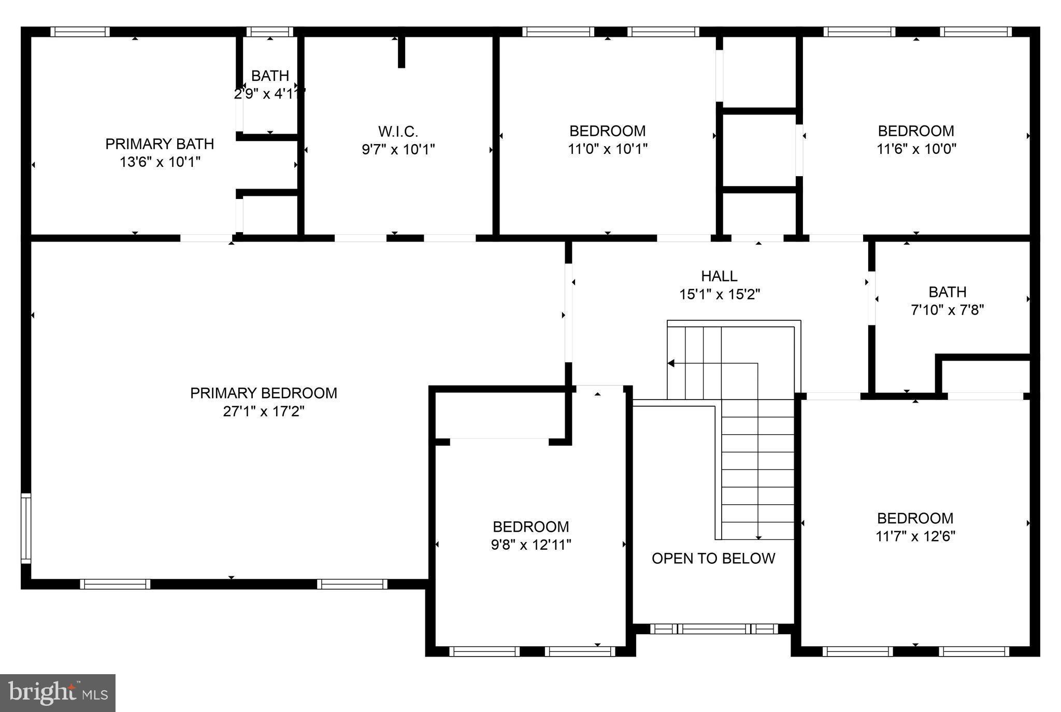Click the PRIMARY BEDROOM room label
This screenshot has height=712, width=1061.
click(263, 393)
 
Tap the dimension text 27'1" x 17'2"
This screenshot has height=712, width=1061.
click(263, 411)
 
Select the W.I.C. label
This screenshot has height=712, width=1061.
click(398, 131)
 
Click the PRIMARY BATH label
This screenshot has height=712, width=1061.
click(160, 144)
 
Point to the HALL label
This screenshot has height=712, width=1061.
click(719, 276)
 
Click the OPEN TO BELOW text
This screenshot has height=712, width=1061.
click(713, 558)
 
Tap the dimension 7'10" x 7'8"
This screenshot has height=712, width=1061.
click(947, 310)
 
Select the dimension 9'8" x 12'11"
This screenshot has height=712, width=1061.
click(531, 545)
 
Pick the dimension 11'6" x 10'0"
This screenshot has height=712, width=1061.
click(916, 149)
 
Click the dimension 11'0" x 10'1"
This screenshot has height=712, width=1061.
click(608, 149)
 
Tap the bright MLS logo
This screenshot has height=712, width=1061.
click(58, 693)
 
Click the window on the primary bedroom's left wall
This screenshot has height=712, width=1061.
click(25, 529)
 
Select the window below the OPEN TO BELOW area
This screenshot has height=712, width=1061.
click(713, 629)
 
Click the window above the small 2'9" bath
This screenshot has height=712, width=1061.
click(269, 32)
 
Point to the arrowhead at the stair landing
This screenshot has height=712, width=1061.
click(671, 363)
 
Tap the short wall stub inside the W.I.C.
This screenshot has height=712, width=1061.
click(401, 52)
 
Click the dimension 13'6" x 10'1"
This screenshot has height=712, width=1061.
click(160, 162)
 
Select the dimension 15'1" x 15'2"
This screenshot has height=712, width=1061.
click(719, 294)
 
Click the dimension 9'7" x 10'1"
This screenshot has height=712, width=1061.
click(398, 149)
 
